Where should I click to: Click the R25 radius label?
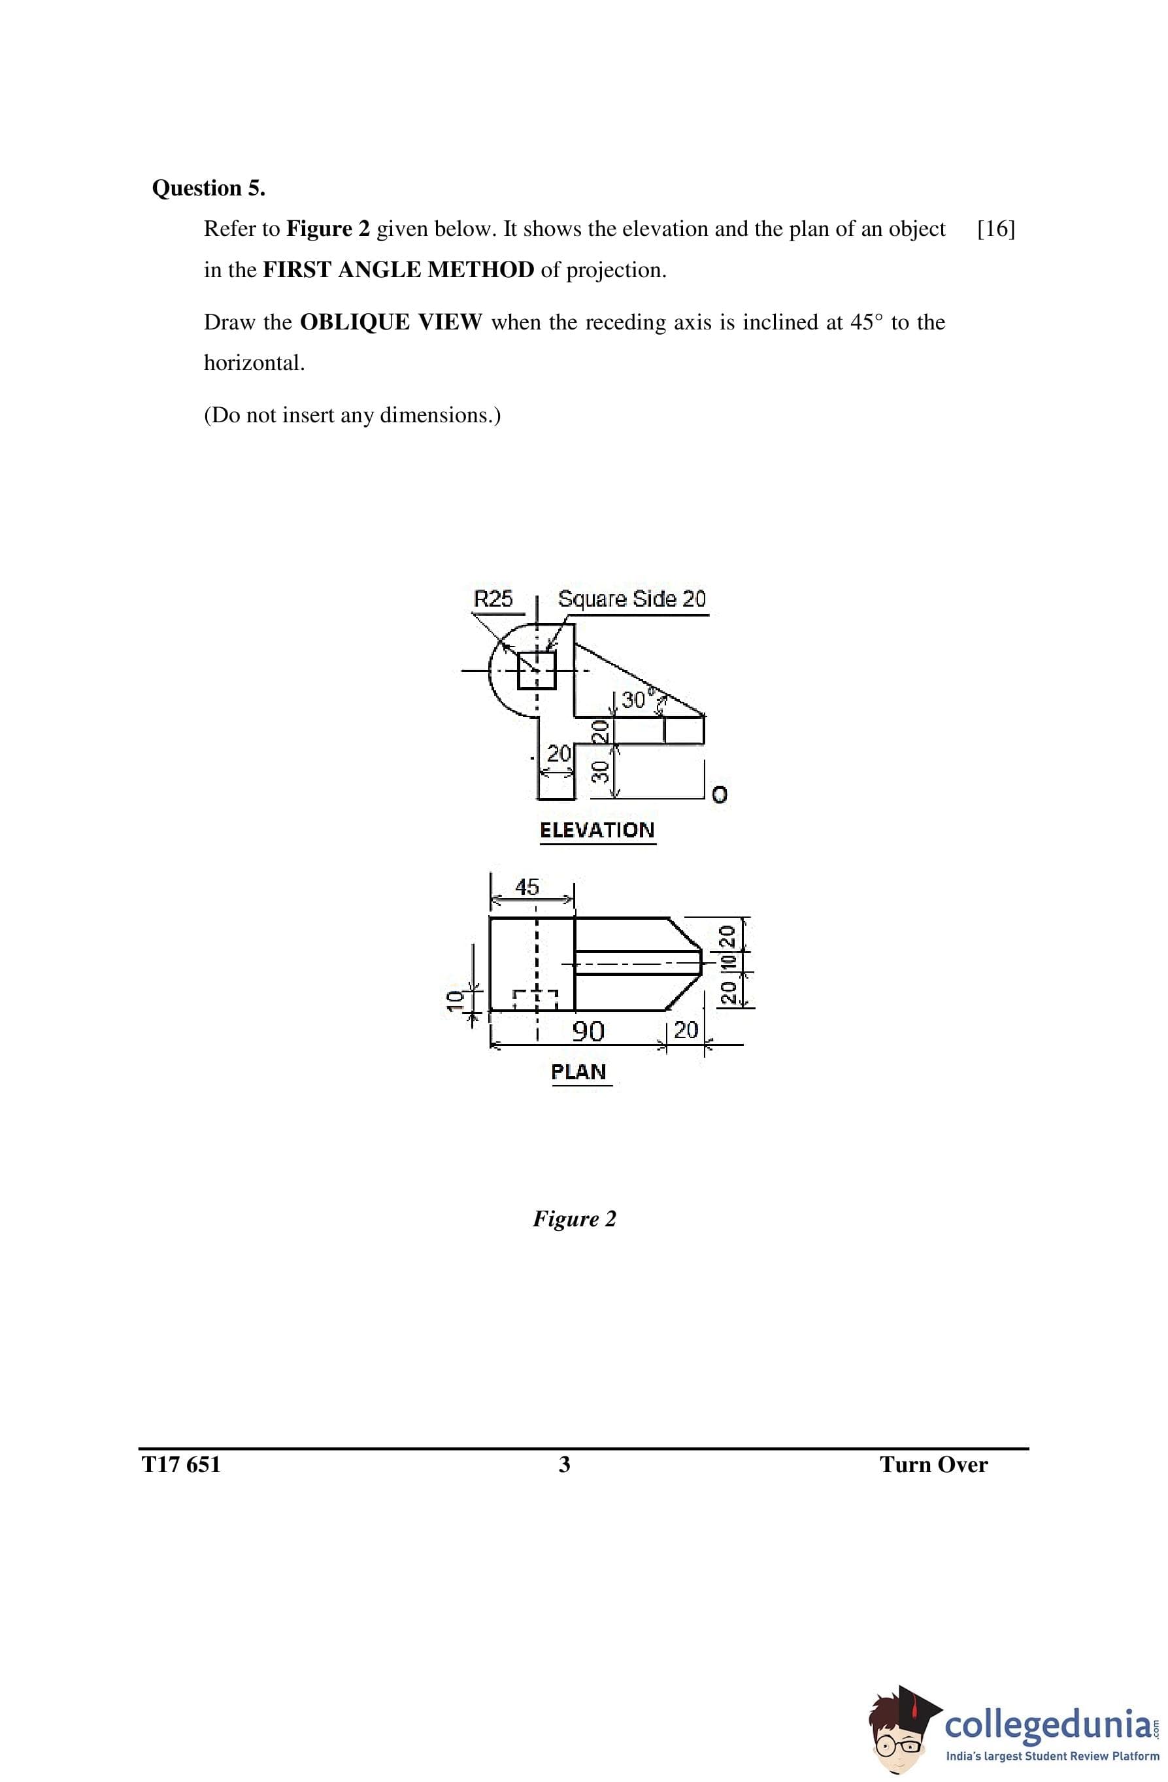pyautogui.click(x=493, y=599)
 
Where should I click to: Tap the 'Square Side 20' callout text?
pyautogui.click(x=632, y=599)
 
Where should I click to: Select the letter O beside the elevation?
pyautogui.click(x=719, y=794)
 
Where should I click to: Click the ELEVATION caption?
pyautogui.click(x=597, y=830)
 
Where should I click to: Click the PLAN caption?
pyautogui.click(x=578, y=1072)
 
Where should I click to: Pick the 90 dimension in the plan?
pyautogui.click(x=588, y=1031)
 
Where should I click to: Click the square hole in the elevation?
pyautogui.click(x=537, y=669)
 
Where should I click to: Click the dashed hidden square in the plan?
pyautogui.click(x=535, y=1000)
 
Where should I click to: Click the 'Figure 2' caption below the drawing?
pyautogui.click(x=575, y=1219)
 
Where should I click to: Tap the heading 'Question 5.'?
pyautogui.click(x=208, y=188)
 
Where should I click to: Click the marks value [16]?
pyautogui.click(x=996, y=229)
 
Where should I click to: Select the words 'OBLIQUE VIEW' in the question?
pyautogui.click(x=391, y=323)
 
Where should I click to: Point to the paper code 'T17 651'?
pyautogui.click(x=181, y=1464)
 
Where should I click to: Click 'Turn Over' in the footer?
pyautogui.click(x=933, y=1464)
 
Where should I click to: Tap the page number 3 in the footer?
pyautogui.click(x=565, y=1464)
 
